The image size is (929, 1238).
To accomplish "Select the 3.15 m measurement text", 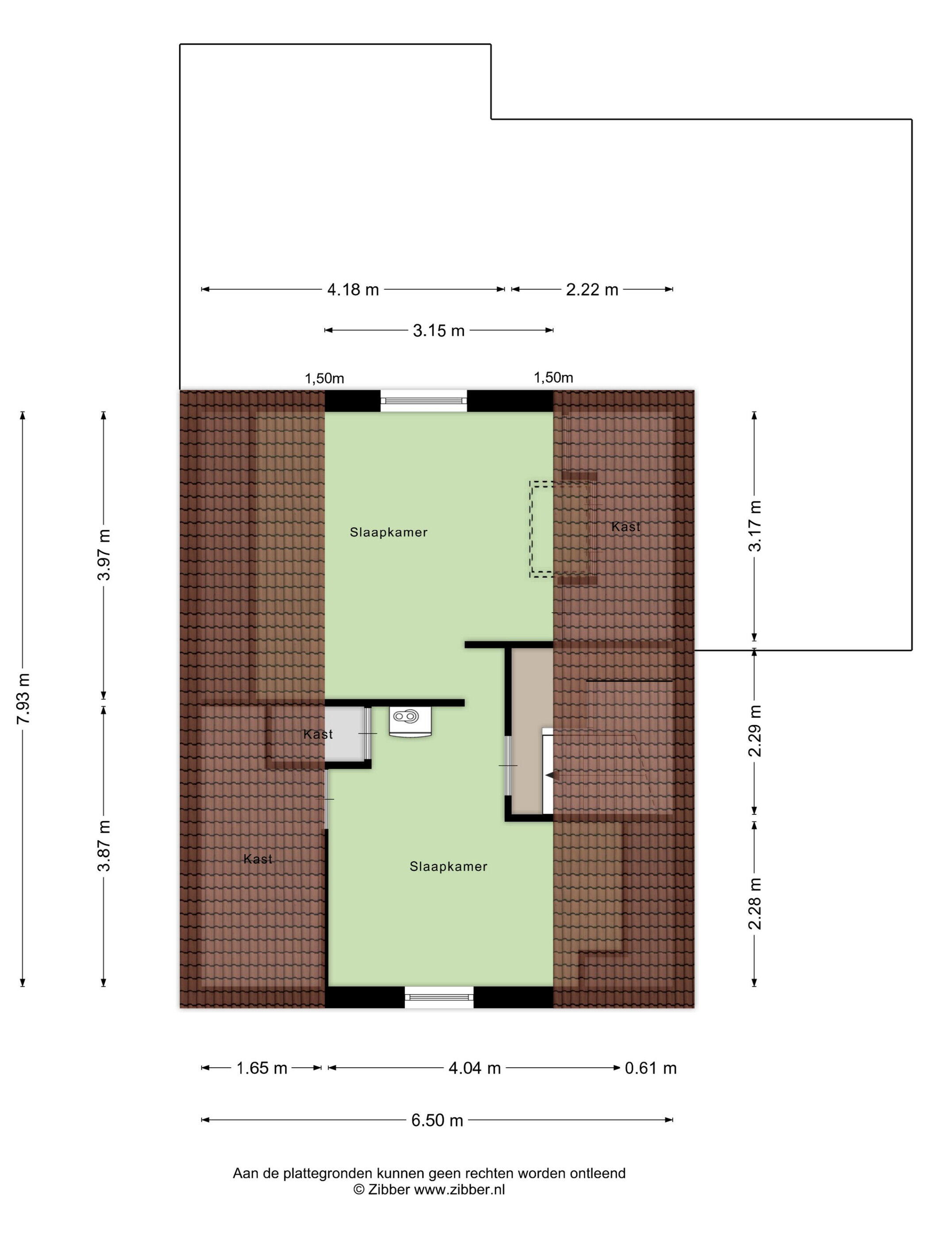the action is tap(438, 331).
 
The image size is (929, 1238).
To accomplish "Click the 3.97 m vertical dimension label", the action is tap(104, 554).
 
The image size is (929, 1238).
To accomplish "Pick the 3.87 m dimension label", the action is tap(104, 845).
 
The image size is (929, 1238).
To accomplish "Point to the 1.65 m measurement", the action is tap(261, 1068).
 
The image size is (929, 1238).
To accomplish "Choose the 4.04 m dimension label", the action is tap(474, 1068).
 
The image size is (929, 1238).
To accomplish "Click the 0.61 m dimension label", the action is tap(651, 1068).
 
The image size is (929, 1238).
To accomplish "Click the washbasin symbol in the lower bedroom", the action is tap(411, 721).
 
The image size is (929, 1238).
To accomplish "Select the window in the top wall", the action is tap(423, 401).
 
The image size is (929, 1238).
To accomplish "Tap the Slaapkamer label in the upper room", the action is tap(388, 532).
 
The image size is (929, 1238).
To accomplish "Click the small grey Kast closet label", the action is tap(318, 734).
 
